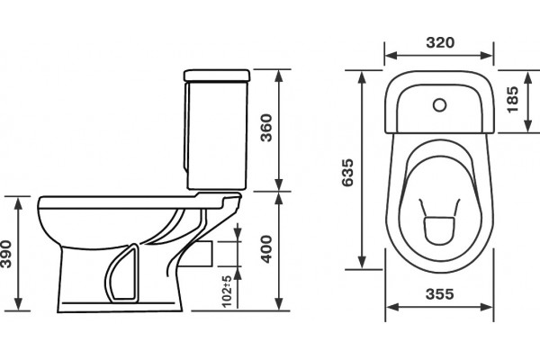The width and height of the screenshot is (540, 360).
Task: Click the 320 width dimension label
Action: (440, 42)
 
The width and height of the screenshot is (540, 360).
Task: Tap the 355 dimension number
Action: (440, 294)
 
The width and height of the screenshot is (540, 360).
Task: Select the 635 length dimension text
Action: (347, 173)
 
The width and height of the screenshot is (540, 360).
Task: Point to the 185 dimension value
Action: (512, 100)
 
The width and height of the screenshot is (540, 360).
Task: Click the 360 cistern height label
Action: (266, 128)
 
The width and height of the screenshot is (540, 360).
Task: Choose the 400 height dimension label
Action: (266, 249)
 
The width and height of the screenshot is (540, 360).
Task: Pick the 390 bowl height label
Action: (6, 254)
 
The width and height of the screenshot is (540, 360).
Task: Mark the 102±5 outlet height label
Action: (226, 292)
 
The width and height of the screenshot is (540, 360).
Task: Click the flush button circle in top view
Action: (440, 105)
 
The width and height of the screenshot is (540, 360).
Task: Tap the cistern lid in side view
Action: (217, 76)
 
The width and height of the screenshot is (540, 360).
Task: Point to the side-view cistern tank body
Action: (217, 135)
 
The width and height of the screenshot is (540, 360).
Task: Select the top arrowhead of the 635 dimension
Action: (362, 78)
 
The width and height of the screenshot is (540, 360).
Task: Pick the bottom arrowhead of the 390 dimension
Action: (18, 303)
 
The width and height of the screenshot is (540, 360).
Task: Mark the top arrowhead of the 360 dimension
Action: (279, 76)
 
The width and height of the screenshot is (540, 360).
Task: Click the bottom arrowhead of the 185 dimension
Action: (528, 125)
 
